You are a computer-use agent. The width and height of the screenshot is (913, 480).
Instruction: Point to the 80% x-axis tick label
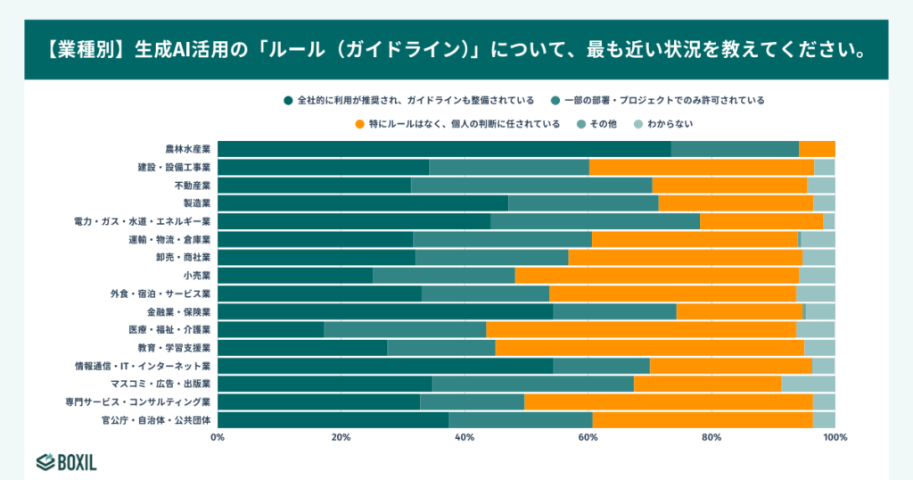click(x=711, y=437)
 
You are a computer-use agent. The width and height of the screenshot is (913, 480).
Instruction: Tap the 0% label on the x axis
click(x=218, y=437)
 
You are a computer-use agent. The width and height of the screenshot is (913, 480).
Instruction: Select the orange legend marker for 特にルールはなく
click(x=359, y=124)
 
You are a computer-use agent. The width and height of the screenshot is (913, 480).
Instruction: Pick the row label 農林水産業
click(x=187, y=149)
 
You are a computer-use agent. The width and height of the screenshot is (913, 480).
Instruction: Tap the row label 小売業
click(x=196, y=276)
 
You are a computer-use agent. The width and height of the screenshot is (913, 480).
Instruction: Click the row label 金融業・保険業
click(x=178, y=312)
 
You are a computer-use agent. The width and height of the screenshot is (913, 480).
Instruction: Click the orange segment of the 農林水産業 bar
click(x=817, y=149)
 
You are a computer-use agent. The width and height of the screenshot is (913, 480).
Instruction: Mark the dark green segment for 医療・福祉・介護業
click(x=270, y=330)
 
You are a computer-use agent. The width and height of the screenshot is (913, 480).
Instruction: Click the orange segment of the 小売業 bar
click(x=656, y=276)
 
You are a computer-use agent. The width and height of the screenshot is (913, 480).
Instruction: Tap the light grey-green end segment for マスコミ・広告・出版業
click(x=808, y=384)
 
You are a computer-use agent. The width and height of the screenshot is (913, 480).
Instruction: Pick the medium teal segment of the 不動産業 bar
click(x=531, y=186)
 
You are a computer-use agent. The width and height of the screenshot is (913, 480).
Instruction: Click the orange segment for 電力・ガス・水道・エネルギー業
click(x=761, y=221)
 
